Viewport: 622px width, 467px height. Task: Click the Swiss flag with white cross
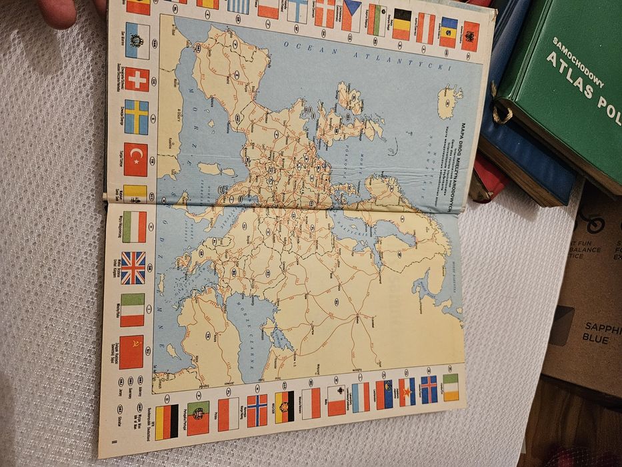137,79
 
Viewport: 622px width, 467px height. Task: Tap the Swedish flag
137,117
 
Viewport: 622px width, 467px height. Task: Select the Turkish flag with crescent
135,159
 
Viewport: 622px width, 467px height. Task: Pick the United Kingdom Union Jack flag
133,268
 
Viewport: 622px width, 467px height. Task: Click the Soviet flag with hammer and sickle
131,352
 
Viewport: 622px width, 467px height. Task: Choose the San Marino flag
137,41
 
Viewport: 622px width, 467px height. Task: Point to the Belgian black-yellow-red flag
401,24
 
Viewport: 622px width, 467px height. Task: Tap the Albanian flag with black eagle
471,35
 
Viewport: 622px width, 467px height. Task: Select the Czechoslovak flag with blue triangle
351,15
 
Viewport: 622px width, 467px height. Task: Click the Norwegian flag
257,410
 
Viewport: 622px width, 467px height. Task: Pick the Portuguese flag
198,418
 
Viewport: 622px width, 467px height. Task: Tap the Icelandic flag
429,389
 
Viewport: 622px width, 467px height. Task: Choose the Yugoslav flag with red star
407,392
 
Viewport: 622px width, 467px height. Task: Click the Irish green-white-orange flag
451,387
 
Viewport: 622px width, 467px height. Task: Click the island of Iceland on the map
449,101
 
